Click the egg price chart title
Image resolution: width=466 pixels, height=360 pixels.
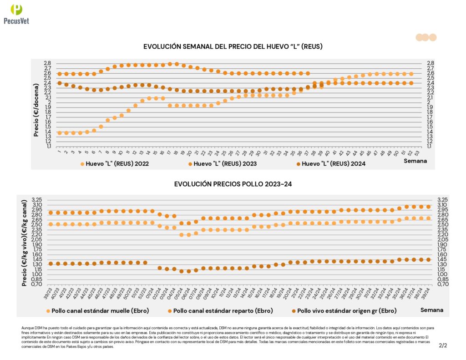tap(233, 46)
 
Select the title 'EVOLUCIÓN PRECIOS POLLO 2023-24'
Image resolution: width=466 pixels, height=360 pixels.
tap(233, 184)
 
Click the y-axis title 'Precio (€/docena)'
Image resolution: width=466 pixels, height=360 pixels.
tap(36, 104)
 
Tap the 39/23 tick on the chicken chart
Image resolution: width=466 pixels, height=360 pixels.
tap(50, 292)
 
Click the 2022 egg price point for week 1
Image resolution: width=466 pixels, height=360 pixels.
tap(60, 133)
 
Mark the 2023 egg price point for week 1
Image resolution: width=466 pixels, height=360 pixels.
tap(60, 74)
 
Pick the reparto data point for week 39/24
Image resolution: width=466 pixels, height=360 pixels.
tap(428, 207)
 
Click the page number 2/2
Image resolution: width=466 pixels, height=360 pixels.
tap(443, 345)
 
